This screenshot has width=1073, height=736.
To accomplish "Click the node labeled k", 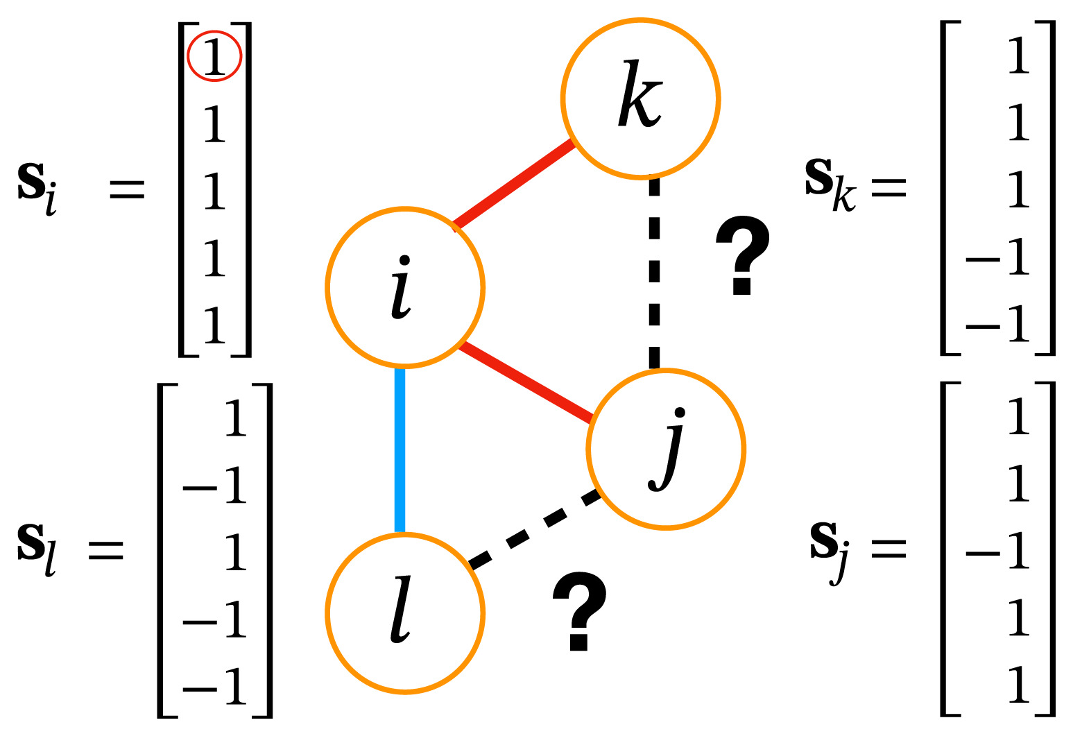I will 640,99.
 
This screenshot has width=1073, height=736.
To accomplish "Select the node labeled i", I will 405,286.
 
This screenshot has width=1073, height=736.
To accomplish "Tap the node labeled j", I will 666,450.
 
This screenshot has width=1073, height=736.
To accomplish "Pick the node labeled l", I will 405,613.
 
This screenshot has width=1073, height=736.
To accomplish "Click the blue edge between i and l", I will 400,450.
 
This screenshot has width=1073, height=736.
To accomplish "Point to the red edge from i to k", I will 514,185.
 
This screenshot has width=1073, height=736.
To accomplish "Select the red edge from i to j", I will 525,382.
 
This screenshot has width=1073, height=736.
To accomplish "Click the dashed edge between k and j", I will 654,271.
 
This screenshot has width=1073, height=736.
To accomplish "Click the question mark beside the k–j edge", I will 742,254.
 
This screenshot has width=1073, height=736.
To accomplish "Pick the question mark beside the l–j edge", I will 579,610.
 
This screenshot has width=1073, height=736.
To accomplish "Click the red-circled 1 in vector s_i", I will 214,55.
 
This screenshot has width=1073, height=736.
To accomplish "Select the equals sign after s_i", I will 128,189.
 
